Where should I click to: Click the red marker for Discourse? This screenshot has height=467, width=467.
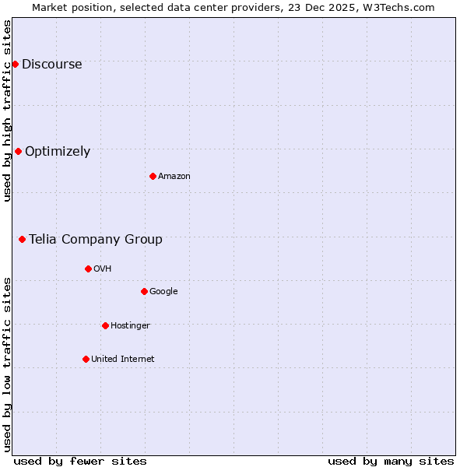point(15,64)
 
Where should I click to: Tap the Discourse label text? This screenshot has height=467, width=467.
point(51,65)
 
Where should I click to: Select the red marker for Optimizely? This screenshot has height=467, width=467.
point(18,151)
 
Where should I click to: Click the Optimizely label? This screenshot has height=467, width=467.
point(58,152)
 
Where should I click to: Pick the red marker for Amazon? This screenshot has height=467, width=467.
point(153,176)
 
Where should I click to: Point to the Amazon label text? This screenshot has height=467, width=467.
point(174,177)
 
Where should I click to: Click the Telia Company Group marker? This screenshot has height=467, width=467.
point(22,239)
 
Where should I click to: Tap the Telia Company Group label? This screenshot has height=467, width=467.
point(96,240)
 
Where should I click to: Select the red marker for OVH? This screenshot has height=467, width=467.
point(88,269)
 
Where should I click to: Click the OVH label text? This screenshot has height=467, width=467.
point(103,269)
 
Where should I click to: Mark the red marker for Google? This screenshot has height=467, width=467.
point(144,291)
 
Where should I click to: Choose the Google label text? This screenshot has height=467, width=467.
point(163,292)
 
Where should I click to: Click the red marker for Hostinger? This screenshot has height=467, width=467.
point(105,325)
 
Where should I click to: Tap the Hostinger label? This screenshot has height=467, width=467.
point(130,326)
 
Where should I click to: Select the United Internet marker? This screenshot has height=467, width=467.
point(86,359)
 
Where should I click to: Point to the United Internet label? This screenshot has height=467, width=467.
point(122,360)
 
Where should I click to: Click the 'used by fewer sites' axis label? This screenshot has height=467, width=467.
point(80,462)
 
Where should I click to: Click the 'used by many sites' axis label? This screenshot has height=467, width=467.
point(391,462)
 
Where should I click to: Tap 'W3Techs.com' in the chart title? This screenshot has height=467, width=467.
point(401,7)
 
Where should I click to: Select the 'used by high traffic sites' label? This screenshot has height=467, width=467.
point(8,111)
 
